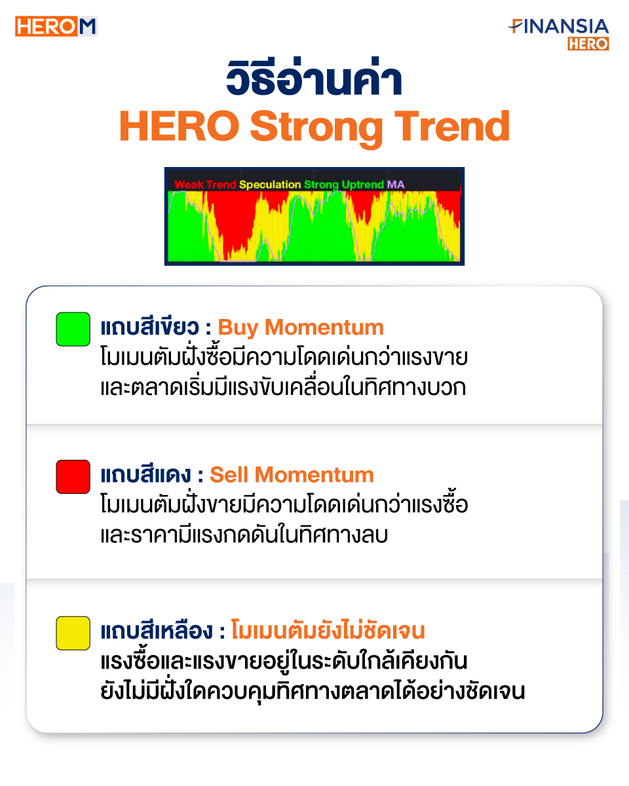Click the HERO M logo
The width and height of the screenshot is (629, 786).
pyautogui.click(x=56, y=26)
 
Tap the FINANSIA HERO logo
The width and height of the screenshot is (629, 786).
pyautogui.click(x=558, y=34)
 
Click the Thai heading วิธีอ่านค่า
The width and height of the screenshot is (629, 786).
pyautogui.click(x=314, y=77)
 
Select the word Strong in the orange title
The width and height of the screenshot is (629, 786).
pyautogui.click(x=317, y=128)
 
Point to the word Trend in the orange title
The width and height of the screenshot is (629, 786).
pyautogui.click(x=451, y=126)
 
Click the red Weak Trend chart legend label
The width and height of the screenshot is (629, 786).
pyautogui.click(x=205, y=185)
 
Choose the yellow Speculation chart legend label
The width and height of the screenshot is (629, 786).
pyautogui.click(x=270, y=185)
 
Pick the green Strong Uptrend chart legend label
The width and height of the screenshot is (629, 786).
pyautogui.click(x=344, y=185)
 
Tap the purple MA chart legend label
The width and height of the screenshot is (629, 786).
pyautogui.click(x=396, y=185)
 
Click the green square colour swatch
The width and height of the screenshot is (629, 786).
pyautogui.click(x=73, y=329)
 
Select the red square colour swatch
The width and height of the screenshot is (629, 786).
pyautogui.click(x=73, y=477)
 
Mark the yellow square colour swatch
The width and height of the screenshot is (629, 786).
pyautogui.click(x=73, y=633)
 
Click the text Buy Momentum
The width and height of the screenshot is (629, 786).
pyautogui.click(x=301, y=327)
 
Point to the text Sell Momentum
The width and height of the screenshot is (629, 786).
pyautogui.click(x=292, y=475)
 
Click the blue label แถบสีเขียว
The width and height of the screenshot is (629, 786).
pyautogui.click(x=150, y=326)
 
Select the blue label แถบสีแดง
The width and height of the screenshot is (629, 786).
pyautogui.click(x=146, y=474)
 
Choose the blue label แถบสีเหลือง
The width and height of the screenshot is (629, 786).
pyautogui.click(x=157, y=630)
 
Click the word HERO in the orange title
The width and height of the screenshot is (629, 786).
pyautogui.click(x=180, y=126)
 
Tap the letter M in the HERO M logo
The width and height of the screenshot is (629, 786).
pyautogui.click(x=87, y=26)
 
